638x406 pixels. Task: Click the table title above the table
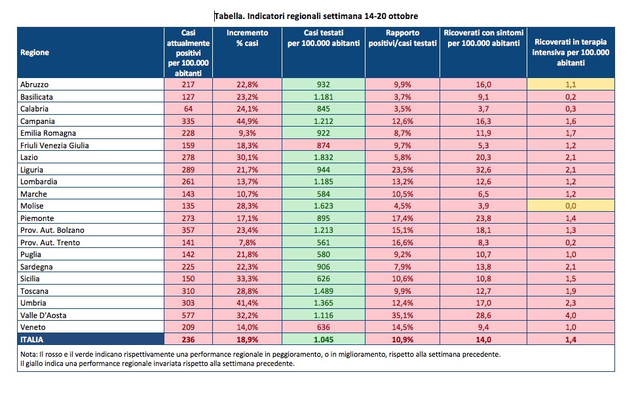coord(316,16)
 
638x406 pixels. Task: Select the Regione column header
coord(35,52)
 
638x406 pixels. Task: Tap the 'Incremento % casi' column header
coord(248,38)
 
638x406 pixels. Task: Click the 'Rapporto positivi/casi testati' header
coord(402,38)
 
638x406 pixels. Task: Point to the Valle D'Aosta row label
coord(43,315)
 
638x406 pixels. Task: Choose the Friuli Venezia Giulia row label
coord(54,146)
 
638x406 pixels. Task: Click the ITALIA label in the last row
coord(31,339)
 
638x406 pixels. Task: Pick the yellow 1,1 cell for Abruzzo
coord(571,85)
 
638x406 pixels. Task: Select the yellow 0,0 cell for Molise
coord(571,206)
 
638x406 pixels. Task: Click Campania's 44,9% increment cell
coord(248,121)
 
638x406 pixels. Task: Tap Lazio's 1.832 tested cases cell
coord(324,157)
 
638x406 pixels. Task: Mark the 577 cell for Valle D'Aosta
coord(189,315)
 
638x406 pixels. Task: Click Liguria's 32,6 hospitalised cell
coord(483,169)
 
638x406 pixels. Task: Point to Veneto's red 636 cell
coord(324,327)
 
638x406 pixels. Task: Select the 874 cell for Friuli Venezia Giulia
coord(324,146)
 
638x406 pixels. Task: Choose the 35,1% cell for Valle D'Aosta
coord(402,315)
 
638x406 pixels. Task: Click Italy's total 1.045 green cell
coord(324,339)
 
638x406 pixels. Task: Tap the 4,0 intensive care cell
coord(571,315)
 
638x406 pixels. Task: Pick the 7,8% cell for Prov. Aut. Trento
coord(248,242)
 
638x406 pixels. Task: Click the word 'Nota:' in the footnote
coord(29,354)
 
